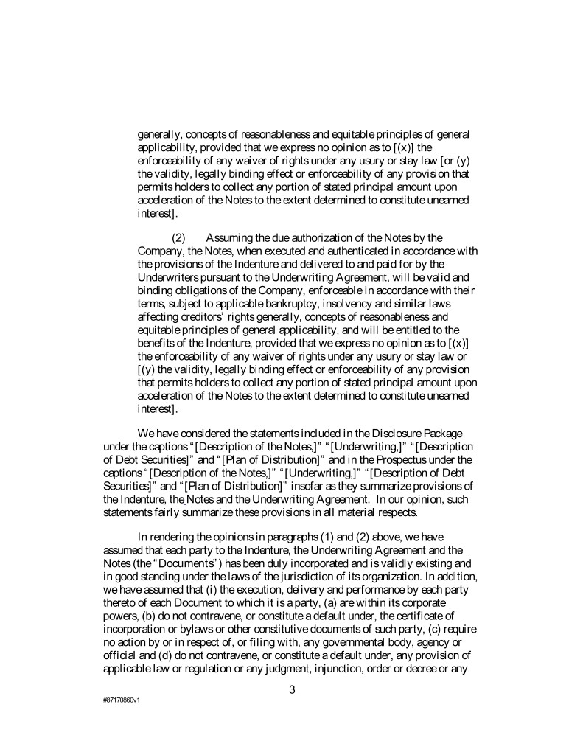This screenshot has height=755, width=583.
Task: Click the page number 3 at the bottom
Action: tap(291, 690)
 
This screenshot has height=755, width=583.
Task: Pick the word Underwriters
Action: tap(172, 277)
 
